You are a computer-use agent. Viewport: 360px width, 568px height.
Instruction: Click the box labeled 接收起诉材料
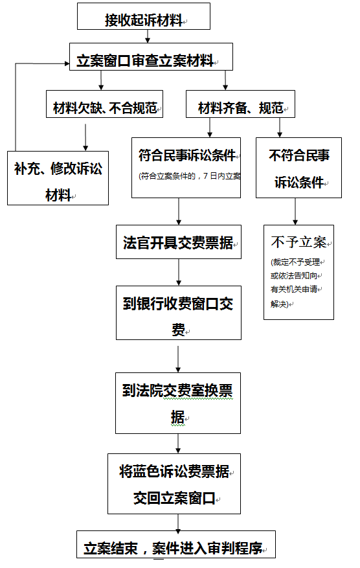pos(144,16)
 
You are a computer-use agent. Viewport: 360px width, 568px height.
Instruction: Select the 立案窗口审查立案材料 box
pos(151,56)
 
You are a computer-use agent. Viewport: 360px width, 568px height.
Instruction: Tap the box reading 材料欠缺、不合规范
pos(104,104)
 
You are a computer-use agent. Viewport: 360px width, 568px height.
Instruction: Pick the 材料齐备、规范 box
pos(240,104)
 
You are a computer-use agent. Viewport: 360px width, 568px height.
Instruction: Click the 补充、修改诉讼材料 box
pos(58,178)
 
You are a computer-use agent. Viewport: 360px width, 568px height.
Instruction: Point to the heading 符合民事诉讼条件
pos(187,155)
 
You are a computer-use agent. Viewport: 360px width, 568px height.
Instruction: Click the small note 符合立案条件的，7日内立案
pos(190,176)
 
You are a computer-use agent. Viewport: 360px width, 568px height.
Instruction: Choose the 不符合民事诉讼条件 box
pos(298,168)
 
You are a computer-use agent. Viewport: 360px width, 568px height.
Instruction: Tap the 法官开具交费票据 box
pos(179,242)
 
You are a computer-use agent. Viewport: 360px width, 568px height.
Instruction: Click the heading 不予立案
pos(298,242)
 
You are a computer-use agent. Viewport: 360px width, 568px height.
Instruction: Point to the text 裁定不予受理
pos(295,262)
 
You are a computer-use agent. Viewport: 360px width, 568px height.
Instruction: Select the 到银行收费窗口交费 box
pos(179,313)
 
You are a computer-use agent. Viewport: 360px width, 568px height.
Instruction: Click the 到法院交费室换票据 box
pos(178,403)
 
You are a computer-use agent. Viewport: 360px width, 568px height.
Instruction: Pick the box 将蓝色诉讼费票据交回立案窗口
pos(174,484)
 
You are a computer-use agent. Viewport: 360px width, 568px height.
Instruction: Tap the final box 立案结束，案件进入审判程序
pos(176,545)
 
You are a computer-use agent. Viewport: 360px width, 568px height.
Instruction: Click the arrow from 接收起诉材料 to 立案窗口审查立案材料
pos(148,36)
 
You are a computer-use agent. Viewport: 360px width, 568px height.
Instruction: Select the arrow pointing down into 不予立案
pos(295,212)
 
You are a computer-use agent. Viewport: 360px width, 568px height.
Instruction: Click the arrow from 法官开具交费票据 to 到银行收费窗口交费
pos(179,273)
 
